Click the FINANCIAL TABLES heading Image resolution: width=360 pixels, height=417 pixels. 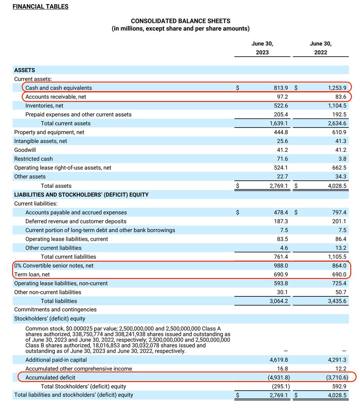tap(40, 7)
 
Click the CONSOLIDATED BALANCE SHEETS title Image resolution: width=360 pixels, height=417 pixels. tap(181, 21)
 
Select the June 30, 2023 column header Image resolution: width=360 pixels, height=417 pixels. tap(262, 48)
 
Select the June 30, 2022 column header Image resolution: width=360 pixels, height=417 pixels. tap(321, 48)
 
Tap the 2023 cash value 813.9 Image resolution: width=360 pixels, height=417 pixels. tap(279, 88)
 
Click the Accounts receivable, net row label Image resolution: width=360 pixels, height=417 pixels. tap(56, 97)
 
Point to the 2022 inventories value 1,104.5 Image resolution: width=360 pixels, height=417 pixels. tap(337, 106)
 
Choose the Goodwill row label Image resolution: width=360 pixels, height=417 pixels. tap(25, 150)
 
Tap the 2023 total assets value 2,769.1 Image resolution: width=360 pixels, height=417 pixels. tap(279, 186)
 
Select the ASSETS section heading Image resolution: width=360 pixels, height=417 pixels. tap(25, 70)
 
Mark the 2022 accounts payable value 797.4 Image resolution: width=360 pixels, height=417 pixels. tap(339, 212)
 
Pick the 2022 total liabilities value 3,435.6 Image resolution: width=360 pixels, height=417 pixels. tap(337, 301)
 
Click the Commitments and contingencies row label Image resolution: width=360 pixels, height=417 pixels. tap(55, 310)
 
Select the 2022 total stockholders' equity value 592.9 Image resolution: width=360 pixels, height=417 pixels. tap(339, 386)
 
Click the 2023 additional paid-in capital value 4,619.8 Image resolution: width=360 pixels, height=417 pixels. tap(279, 360)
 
